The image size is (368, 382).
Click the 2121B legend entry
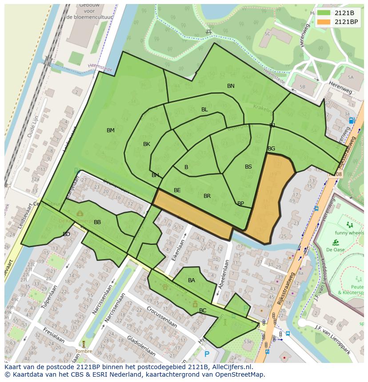[x=337, y=13]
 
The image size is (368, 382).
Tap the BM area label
[x=111, y=130]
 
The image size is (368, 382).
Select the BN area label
[x=231, y=86]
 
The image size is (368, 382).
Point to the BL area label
[x=204, y=110]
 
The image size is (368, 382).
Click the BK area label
[x=147, y=144]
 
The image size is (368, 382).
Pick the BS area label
[x=248, y=167]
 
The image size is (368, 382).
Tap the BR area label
[x=207, y=196]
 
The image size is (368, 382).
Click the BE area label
[x=177, y=190]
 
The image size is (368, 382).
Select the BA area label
[x=192, y=280]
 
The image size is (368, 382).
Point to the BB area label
[x=97, y=222]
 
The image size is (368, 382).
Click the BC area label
[x=203, y=311]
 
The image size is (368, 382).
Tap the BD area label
[x=66, y=234]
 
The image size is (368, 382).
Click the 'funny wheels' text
[x=349, y=233]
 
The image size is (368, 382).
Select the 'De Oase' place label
[x=335, y=250]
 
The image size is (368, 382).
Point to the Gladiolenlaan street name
[x=141, y=347]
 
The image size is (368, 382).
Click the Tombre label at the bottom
[x=84, y=351]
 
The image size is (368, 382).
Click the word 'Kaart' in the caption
[x=13, y=367]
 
